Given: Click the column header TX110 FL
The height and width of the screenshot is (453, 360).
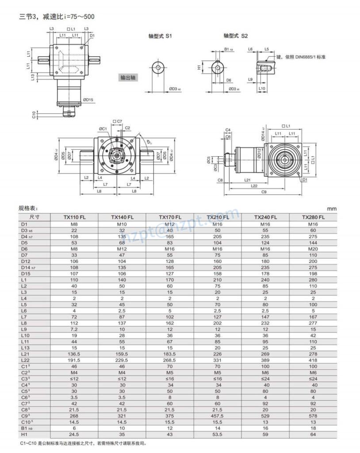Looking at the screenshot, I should (x=74, y=217).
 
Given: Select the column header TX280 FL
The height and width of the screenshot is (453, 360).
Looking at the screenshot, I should (x=313, y=217).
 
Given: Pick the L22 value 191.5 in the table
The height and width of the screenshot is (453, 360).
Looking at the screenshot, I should (x=74, y=360).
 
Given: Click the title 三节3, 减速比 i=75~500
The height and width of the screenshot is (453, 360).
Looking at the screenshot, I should (x=57, y=17).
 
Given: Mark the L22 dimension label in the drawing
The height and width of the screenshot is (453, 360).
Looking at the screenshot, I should (x=254, y=186).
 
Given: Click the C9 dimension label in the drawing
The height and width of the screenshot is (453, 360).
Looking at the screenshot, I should (x=264, y=192).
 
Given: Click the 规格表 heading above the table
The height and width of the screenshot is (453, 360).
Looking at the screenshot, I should (x=28, y=208).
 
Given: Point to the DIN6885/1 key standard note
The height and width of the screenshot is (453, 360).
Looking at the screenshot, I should (x=301, y=57).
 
